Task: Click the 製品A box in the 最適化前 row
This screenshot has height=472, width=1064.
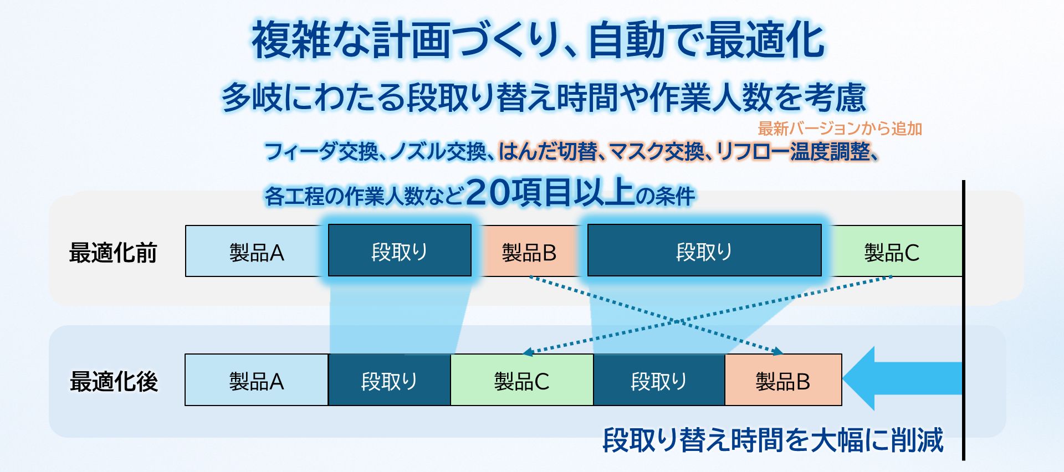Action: coord(257,251)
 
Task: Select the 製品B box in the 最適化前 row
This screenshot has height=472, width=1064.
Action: coord(529,251)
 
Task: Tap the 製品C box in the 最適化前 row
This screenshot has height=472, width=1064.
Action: coord(892,251)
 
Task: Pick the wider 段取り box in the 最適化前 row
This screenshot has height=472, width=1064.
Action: coord(704,250)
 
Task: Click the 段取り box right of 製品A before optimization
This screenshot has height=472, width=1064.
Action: coord(400,250)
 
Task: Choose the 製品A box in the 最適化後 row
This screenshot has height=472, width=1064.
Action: coord(257,380)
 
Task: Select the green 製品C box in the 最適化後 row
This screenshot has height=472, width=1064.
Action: coord(522,380)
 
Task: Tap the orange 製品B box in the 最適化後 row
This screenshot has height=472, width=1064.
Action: coord(783,380)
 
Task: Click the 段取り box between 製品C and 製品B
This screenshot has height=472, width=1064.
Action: coord(659,380)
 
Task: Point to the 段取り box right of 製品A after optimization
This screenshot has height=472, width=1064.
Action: coord(390,380)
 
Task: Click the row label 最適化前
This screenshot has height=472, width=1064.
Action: coord(113,252)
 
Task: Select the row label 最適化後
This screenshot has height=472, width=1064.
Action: coord(114,381)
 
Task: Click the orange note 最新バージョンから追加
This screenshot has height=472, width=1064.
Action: coord(840,129)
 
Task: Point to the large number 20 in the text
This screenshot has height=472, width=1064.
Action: coord(488,192)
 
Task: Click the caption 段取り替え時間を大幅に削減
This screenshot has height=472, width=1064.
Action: coord(773,440)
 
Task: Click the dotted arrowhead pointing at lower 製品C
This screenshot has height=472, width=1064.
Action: coord(528,352)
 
